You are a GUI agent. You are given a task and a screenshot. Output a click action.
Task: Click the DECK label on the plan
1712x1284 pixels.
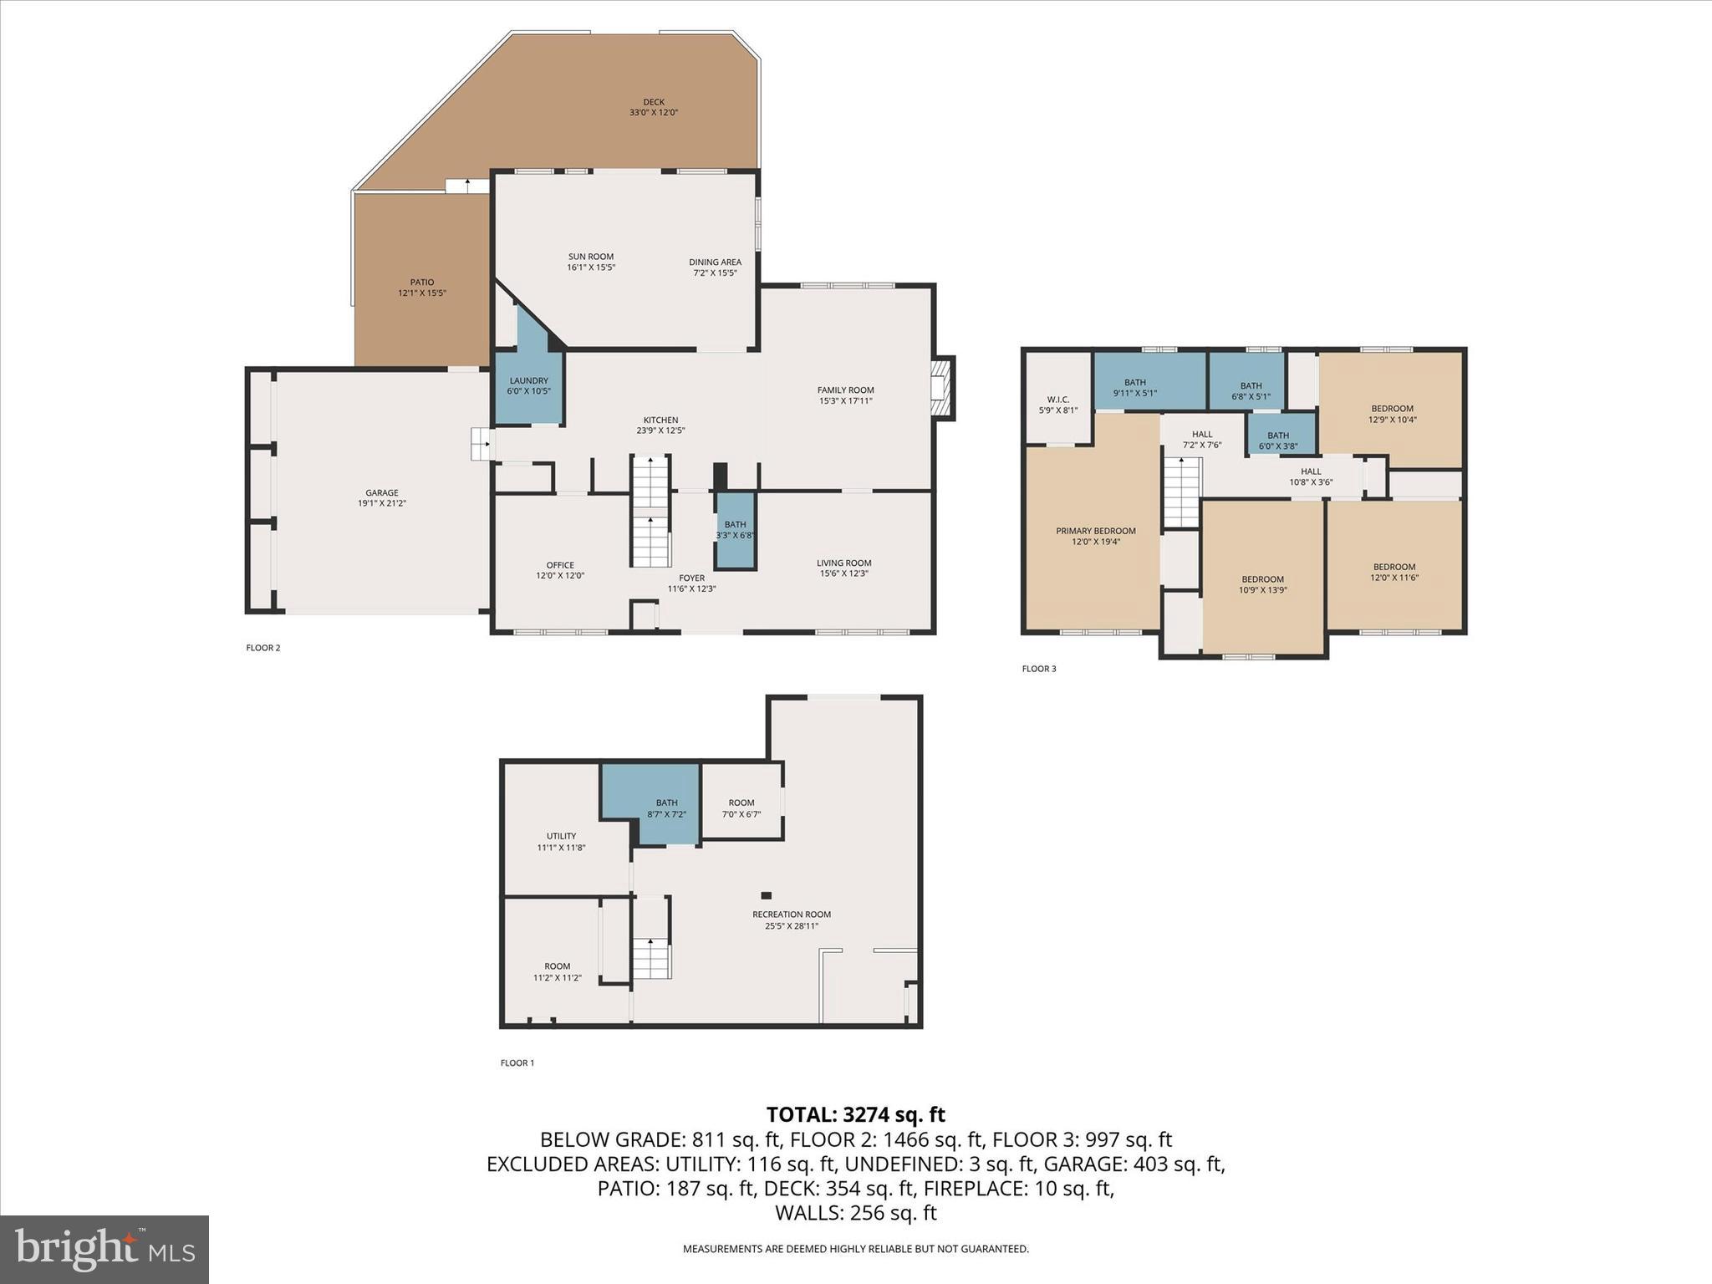654,103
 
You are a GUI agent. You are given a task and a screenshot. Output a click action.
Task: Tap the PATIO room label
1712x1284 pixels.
422,283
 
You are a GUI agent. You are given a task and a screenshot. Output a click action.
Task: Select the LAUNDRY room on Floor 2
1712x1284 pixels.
528,386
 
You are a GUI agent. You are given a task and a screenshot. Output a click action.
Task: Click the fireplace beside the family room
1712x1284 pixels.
942,388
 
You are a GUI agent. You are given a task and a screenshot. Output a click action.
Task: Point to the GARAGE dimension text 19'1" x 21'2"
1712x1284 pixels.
382,503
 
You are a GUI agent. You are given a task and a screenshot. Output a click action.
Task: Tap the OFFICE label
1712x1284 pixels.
560,565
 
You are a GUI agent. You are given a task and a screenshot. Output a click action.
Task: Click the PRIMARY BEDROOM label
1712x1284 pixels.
1095,531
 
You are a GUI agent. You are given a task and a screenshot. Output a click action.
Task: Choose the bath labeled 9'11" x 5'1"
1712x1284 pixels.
1134,387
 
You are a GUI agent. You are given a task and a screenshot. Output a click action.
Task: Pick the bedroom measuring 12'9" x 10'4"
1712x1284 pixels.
1392,414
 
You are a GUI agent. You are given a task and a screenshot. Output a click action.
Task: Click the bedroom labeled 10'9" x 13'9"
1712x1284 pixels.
1262,583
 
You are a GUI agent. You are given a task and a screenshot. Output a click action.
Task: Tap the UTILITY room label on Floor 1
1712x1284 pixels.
561,836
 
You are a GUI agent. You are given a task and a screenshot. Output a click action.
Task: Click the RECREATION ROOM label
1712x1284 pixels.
791,915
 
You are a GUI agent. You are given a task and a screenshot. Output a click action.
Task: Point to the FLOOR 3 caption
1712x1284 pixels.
1038,669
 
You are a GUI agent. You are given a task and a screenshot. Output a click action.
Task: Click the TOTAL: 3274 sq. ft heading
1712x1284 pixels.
855,1114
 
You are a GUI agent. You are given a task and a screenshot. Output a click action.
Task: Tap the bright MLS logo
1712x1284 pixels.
104,1249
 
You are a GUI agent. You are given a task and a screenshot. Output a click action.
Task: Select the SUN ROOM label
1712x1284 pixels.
591,257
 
